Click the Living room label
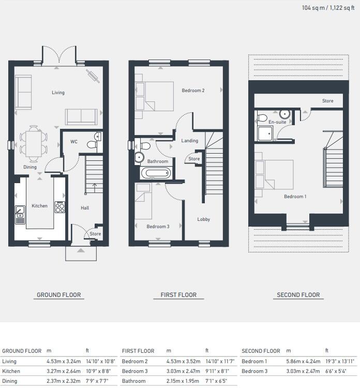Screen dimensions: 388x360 tap(58, 93)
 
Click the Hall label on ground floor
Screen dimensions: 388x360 tap(85, 208)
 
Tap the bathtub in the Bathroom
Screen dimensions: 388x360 tap(155, 173)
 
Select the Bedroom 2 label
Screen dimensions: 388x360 tap(193, 91)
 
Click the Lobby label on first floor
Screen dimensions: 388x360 tap(204, 219)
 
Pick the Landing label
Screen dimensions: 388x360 tap(189, 141)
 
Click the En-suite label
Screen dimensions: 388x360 tap(277, 122)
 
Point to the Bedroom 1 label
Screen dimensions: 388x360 tap(295, 197)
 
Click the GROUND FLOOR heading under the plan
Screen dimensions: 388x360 tap(58, 295)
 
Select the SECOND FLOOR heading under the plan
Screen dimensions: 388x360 tap(298, 295)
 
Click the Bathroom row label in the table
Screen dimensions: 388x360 tap(133, 381)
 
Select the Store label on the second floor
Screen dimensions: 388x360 tap(327, 101)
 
